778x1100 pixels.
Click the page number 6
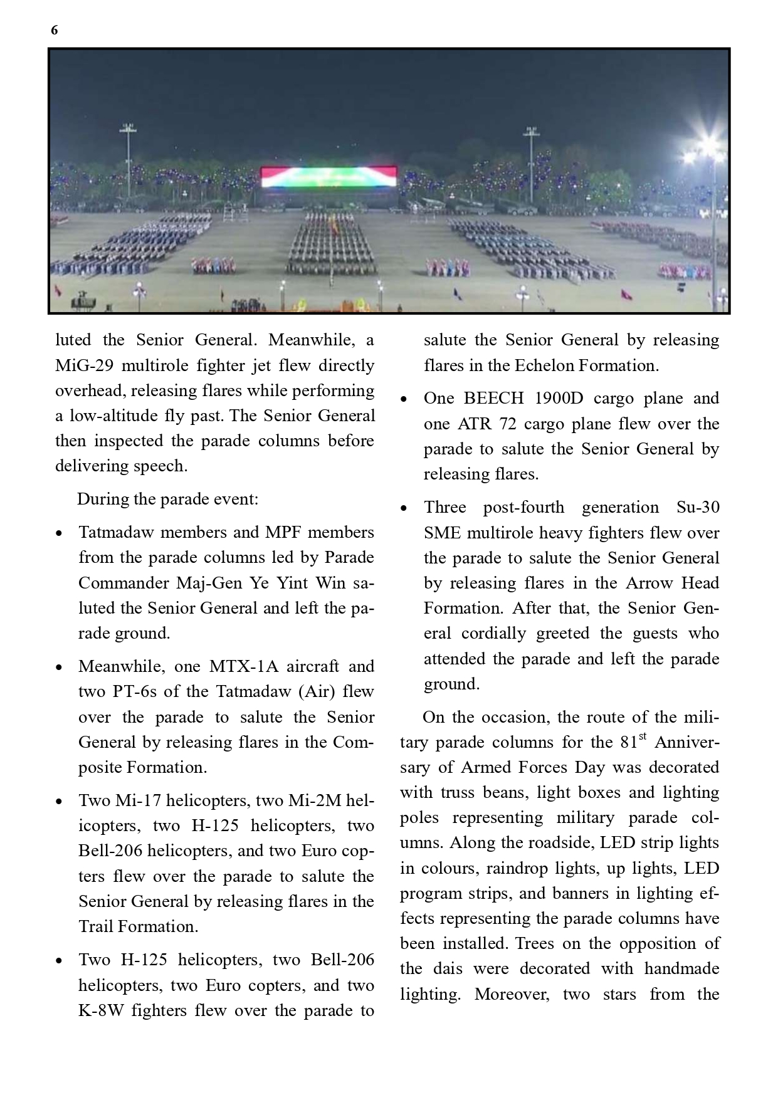tap(55, 30)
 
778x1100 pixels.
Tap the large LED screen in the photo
tap(329, 177)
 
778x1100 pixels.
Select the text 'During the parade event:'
tap(167, 500)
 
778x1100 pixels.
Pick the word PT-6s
tap(135, 691)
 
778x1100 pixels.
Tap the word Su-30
tap(698, 507)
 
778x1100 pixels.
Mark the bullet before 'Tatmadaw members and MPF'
tap(59, 533)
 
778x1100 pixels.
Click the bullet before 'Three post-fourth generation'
tap(404, 508)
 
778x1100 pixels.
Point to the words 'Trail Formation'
tap(138, 926)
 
